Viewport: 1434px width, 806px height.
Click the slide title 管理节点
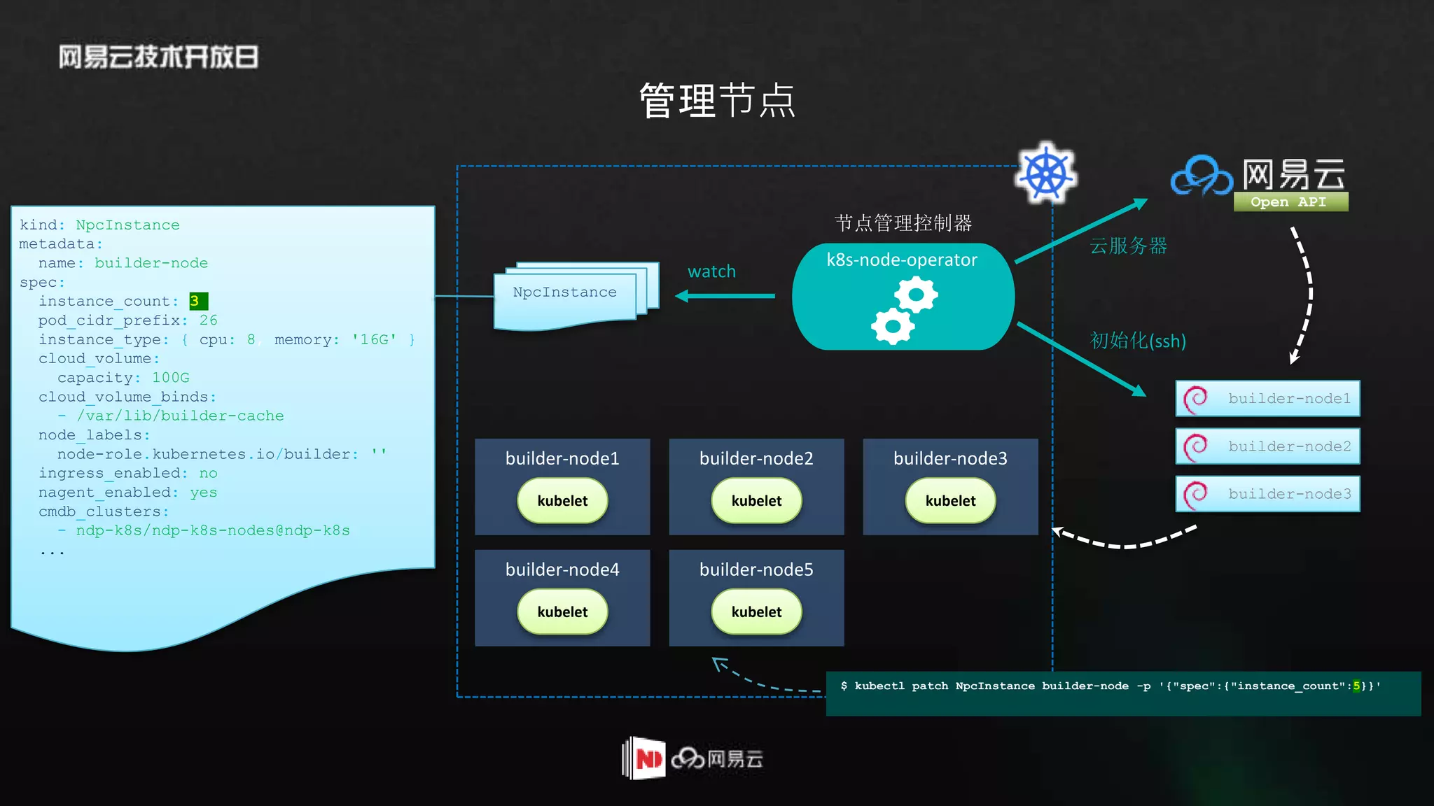click(x=717, y=101)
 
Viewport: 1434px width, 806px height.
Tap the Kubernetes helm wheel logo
click(x=1046, y=174)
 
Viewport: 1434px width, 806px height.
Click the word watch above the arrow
click(x=711, y=271)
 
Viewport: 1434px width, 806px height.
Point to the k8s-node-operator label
click(x=902, y=260)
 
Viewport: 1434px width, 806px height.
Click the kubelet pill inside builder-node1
click(x=562, y=501)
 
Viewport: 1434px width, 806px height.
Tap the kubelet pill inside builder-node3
click(x=950, y=501)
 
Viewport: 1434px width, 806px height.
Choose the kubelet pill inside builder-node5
click(x=756, y=612)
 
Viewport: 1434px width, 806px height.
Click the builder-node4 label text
click(x=562, y=570)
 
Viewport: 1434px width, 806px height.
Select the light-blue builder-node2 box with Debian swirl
click(x=1267, y=446)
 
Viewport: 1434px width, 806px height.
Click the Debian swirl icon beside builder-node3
click(x=1195, y=494)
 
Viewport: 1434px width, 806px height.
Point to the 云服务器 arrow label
click(x=1129, y=246)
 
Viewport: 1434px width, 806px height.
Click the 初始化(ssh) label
click(x=1138, y=341)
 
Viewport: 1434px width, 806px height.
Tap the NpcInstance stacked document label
click(x=564, y=292)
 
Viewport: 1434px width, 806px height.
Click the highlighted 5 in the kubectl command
click(x=1356, y=686)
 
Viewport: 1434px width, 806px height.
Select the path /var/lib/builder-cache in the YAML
click(x=181, y=416)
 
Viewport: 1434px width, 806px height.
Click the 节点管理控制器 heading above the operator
click(x=903, y=223)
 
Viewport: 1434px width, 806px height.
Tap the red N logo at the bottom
click(x=648, y=758)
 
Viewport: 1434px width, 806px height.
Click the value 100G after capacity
click(x=171, y=378)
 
